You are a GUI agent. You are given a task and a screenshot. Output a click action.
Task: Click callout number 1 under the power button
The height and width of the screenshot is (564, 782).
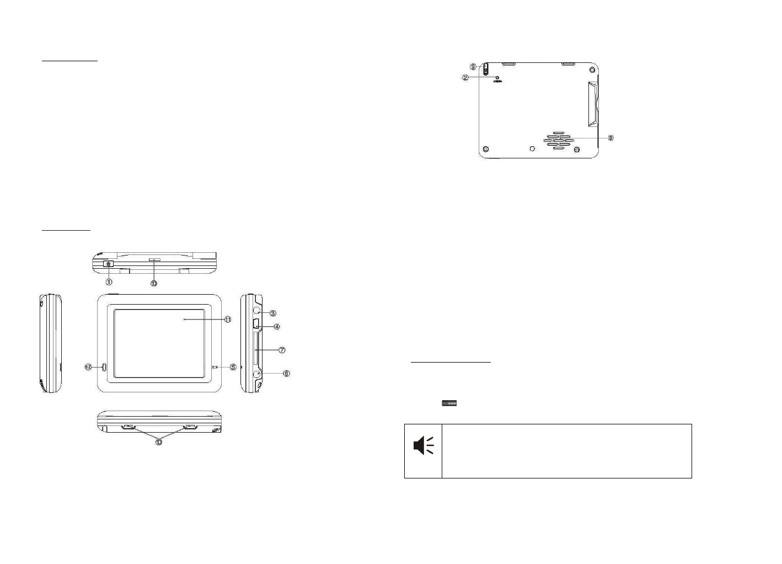(109, 282)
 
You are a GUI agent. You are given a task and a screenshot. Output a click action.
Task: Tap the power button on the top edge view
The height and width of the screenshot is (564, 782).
(108, 264)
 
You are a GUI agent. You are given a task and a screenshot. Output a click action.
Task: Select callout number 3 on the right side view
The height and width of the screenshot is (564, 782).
(272, 313)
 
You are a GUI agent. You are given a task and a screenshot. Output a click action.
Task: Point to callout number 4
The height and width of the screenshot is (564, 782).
(277, 327)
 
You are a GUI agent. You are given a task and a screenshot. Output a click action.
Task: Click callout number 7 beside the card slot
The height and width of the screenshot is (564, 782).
(281, 350)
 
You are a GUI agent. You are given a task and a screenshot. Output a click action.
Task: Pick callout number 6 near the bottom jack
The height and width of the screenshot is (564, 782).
(286, 374)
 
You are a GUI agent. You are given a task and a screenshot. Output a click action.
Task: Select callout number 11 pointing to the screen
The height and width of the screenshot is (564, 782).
(227, 319)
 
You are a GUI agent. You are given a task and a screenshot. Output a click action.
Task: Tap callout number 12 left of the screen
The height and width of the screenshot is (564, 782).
(88, 367)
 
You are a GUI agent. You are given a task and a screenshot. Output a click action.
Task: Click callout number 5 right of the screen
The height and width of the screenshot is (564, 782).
(233, 367)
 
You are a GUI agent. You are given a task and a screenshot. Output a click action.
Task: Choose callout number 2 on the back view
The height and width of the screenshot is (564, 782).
(465, 78)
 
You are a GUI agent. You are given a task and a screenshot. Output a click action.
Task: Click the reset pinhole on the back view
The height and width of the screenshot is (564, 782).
(497, 78)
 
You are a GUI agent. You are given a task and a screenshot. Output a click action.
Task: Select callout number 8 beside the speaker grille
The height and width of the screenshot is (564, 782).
(610, 137)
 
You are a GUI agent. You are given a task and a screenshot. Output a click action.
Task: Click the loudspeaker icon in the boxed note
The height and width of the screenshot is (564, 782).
(423, 445)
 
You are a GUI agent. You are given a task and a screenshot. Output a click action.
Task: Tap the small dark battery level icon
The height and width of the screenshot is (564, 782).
(449, 403)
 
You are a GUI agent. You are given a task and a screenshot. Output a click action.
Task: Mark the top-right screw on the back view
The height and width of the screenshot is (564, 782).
(592, 70)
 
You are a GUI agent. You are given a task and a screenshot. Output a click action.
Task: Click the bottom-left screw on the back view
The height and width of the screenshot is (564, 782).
(485, 150)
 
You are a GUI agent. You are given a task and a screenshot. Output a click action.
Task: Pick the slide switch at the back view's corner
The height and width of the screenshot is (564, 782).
(485, 69)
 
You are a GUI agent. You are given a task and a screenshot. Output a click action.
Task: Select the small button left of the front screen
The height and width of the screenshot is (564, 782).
(103, 367)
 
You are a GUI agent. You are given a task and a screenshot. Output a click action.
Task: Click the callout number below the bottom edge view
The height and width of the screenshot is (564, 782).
(159, 441)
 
